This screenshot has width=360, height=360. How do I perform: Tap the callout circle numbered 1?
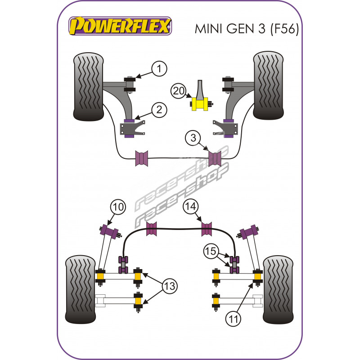(x=158, y=69)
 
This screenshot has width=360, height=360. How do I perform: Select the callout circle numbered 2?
(x=158, y=109)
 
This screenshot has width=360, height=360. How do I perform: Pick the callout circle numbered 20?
(x=178, y=91)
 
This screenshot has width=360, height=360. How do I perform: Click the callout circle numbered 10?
(x=117, y=207)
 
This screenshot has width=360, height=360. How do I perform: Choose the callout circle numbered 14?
(x=190, y=207)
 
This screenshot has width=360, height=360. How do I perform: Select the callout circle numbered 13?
(x=170, y=285)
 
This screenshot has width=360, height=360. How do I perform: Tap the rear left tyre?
(x=81, y=290)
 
